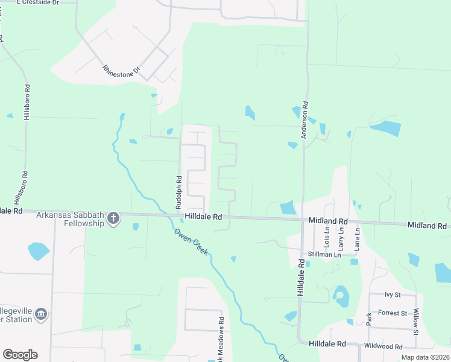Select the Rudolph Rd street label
(178, 192)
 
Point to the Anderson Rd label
(305, 119)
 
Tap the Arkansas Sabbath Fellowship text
(71, 218)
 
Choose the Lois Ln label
(327, 237)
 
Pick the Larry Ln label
(342, 237)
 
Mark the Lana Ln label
(357, 237)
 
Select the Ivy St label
(393, 294)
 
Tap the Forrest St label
(393, 313)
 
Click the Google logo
(20, 355)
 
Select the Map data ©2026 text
(424, 357)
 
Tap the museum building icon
(41, 314)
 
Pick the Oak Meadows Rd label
(220, 341)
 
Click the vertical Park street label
(368, 318)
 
